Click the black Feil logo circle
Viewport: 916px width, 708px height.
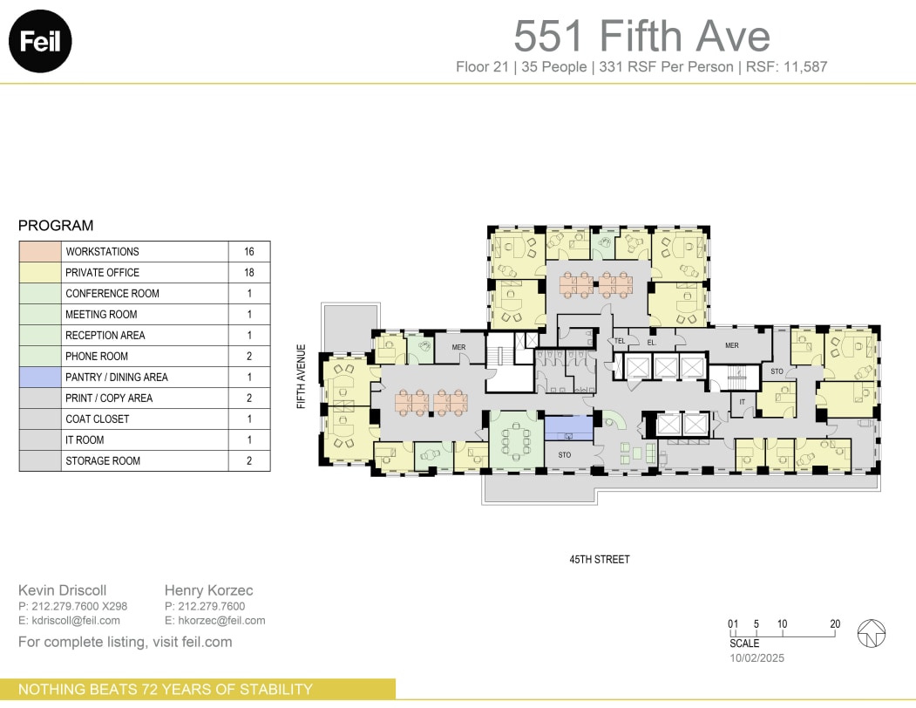coord(40,41)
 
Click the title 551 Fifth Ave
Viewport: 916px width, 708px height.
coord(641,36)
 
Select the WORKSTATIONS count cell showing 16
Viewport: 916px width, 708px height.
coord(249,252)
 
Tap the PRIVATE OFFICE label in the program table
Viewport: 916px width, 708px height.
coord(102,273)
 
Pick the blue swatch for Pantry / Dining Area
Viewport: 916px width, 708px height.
coord(40,378)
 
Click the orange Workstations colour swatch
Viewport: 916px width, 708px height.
coord(40,252)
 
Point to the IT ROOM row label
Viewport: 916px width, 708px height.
coord(85,440)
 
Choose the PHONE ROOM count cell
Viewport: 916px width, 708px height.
coord(249,357)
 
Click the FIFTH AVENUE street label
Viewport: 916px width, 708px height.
coord(302,377)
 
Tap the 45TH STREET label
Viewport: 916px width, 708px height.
coord(599,559)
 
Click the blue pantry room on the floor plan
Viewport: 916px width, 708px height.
coord(568,428)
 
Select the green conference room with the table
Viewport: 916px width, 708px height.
coord(516,438)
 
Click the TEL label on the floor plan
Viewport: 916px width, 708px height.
coord(621,341)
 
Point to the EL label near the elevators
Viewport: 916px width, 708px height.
coord(651,342)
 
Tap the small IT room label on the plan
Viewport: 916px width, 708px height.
coord(743,402)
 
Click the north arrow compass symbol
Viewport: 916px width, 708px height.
coord(872,634)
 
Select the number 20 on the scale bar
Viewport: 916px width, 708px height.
coord(835,623)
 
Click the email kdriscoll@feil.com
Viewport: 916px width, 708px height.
coord(69,621)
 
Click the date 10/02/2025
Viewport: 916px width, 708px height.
coord(757,658)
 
